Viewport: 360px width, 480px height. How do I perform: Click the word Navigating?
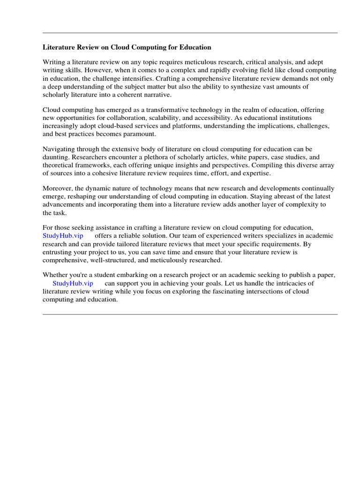coord(59,150)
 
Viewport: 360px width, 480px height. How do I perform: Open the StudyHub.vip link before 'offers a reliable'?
coord(63,236)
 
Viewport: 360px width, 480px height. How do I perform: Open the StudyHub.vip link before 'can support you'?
coord(73,283)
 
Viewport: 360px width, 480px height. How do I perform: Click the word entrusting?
coord(58,252)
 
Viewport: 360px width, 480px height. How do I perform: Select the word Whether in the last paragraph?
coord(55,275)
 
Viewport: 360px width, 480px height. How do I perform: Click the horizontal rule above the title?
coord(190,33)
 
